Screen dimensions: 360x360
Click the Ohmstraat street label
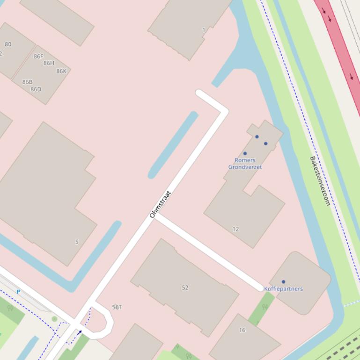pyautogui.click(x=161, y=204)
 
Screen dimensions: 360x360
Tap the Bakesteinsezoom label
pyautogui.click(x=320, y=181)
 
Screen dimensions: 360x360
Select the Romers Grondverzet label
pyautogui.click(x=245, y=164)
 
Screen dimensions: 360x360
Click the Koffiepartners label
pyautogui.click(x=283, y=289)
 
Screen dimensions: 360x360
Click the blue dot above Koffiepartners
pyautogui.click(x=283, y=282)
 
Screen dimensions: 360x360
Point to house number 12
pyautogui.click(x=235, y=229)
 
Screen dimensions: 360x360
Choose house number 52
pyautogui.click(x=185, y=288)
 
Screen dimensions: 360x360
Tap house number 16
pyautogui.click(x=242, y=330)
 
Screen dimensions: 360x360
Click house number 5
pyautogui.click(x=77, y=242)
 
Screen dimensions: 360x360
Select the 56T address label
pyautogui.click(x=117, y=307)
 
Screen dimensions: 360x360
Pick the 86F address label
pyautogui.click(x=38, y=57)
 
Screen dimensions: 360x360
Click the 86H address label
pyautogui.click(x=49, y=63)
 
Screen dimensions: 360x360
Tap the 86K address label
pyautogui.click(x=61, y=72)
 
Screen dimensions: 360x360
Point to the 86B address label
pyautogui.click(x=28, y=82)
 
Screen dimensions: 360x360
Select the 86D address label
pyautogui.click(x=36, y=89)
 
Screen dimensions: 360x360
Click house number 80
pyautogui.click(x=8, y=44)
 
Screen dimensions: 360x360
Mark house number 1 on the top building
pyautogui.click(x=204, y=30)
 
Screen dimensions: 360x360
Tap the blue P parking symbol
pyautogui.click(x=18, y=292)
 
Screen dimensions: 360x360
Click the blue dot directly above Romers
pyautogui.click(x=245, y=153)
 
